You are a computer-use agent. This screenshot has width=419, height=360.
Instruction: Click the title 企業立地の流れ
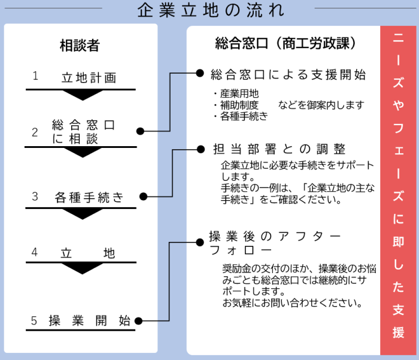210,11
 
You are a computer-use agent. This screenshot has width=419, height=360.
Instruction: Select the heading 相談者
80,45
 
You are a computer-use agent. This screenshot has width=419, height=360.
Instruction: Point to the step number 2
35,132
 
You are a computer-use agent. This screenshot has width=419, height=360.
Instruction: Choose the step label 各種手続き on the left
89,196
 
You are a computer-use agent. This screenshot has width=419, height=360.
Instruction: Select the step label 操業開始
90,320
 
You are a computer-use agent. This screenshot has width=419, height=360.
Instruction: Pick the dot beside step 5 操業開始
140,320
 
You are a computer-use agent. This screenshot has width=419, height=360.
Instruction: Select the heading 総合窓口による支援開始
289,75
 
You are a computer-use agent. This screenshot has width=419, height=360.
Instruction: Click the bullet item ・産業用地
236,93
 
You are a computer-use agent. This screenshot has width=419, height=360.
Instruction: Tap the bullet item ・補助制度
236,105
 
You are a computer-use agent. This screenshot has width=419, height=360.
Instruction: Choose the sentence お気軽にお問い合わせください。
292,302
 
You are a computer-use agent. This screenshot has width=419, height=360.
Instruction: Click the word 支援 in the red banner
399,321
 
